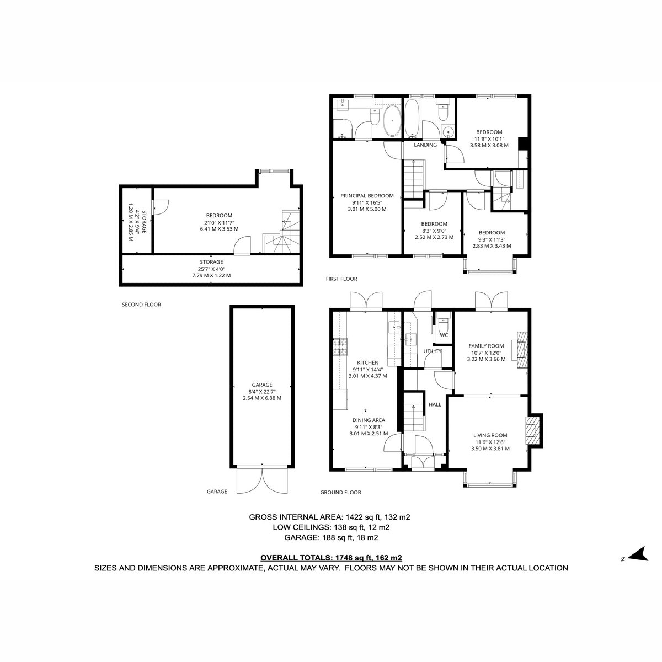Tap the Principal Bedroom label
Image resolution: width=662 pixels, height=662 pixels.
(367, 196)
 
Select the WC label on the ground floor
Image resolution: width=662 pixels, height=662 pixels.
(444, 335)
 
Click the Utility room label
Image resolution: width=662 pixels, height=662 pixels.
(432, 351)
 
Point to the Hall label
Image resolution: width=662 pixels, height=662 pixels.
(435, 404)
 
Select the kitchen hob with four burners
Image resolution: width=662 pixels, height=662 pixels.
(340, 346)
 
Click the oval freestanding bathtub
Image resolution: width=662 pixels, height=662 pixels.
(391, 121)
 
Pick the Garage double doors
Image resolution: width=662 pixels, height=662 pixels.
(263, 481)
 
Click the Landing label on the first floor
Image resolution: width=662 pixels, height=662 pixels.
(425, 145)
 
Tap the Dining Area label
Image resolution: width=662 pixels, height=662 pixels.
(369, 420)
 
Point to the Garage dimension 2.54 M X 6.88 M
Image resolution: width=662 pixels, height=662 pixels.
(262, 398)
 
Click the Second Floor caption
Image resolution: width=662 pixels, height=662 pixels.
(142, 305)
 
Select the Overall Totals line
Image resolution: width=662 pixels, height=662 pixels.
(331, 558)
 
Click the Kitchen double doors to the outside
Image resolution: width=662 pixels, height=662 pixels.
(366, 301)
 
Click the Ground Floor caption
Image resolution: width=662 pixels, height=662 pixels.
(340, 492)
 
